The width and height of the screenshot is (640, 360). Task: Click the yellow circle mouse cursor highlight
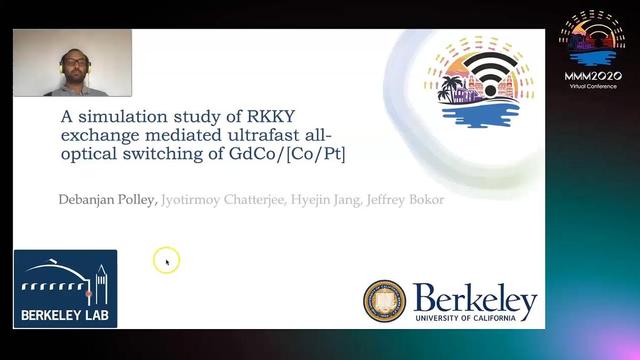tap(166, 261)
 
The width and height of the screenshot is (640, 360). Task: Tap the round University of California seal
tap(384, 301)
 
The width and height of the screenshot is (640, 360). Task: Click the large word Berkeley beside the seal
tap(475, 297)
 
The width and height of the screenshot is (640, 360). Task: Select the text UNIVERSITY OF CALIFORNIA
tap(475, 319)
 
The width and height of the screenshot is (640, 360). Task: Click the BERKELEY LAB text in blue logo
tap(65, 315)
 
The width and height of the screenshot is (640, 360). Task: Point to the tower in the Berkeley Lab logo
tap(100, 282)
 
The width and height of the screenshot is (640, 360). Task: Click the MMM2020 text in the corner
tap(592, 75)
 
